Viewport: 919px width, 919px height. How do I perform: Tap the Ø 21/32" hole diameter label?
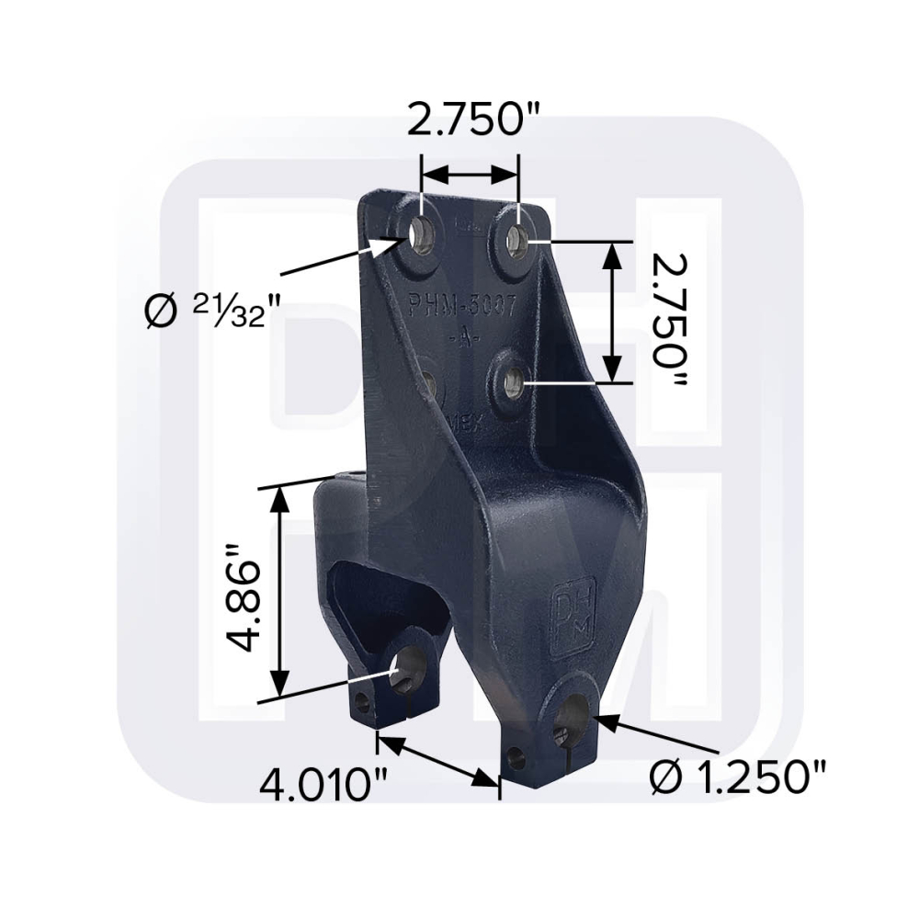pyautogui.click(x=211, y=313)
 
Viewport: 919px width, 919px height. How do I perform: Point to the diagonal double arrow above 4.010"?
pyautogui.click(x=437, y=759)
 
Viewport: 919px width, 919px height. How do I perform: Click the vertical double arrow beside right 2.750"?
pyautogui.click(x=611, y=312)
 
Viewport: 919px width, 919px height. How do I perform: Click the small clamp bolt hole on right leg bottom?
pyautogui.click(x=516, y=759)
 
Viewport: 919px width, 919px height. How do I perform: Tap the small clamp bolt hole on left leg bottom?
pyautogui.click(x=363, y=703)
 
